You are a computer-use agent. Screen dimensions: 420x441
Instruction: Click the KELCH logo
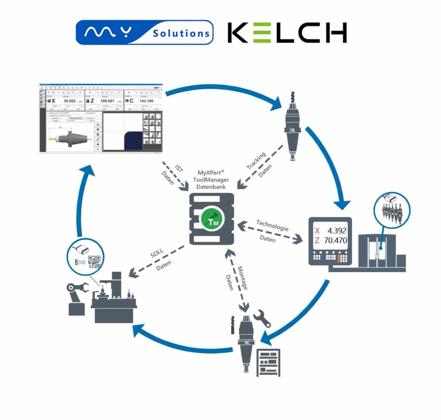(287, 33)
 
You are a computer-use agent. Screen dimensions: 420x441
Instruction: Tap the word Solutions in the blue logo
(181, 33)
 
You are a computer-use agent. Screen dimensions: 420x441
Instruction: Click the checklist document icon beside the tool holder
(268, 362)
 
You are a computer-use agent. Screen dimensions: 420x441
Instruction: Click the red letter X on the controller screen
(317, 231)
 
